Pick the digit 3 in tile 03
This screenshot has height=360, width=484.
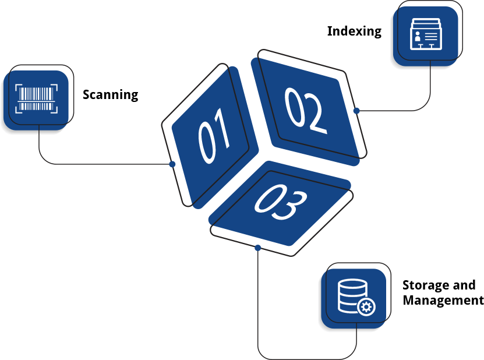pyautogui.click(x=289, y=204)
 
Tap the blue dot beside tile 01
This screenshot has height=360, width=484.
pyautogui.click(x=172, y=164)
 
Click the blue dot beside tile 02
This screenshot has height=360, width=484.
pyautogui.click(x=356, y=110)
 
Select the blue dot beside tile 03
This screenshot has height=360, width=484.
pyautogui.click(x=258, y=248)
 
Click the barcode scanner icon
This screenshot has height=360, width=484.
pyautogui.click(x=37, y=98)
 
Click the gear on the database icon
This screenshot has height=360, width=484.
pyautogui.click(x=367, y=307)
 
